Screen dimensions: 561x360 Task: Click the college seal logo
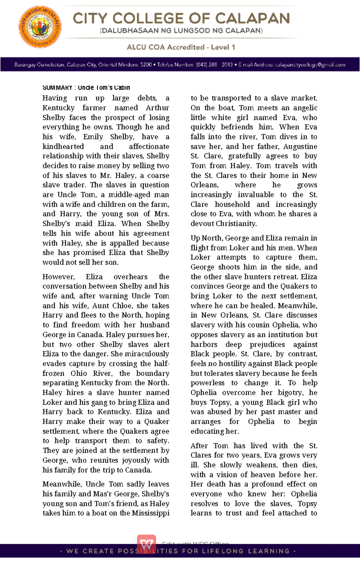(40, 27)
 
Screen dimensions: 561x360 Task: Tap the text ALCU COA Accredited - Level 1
(181, 47)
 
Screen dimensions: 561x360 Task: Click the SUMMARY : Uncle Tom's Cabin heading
(86, 88)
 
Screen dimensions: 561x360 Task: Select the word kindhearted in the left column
(63, 146)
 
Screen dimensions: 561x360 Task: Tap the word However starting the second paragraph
(58, 277)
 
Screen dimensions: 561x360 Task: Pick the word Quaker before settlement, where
(157, 421)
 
